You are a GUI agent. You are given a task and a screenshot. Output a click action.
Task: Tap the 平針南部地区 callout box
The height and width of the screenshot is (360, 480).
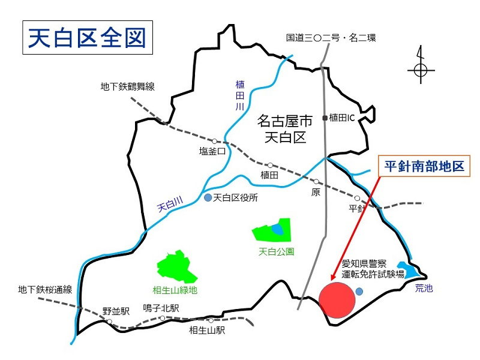click(x=424, y=167)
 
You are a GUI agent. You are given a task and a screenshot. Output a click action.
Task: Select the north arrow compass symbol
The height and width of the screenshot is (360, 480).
click(x=421, y=70)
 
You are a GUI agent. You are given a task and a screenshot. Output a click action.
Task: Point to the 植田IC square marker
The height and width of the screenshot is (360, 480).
click(x=325, y=118)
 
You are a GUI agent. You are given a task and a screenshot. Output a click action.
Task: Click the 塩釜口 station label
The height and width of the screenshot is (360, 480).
click(x=212, y=151)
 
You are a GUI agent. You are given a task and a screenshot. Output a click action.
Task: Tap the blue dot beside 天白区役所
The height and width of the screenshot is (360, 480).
click(x=208, y=197)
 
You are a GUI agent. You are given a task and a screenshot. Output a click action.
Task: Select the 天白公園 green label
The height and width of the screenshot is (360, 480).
click(x=276, y=251)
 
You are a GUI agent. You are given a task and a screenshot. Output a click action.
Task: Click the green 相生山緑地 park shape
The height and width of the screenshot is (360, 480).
click(x=178, y=267)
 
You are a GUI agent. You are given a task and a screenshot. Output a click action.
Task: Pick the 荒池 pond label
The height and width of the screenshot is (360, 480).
click(x=424, y=288)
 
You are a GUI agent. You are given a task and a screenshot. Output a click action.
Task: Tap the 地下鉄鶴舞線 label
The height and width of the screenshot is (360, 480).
click(x=127, y=87)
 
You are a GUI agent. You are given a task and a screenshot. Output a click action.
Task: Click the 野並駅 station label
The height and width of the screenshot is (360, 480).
click(x=116, y=311)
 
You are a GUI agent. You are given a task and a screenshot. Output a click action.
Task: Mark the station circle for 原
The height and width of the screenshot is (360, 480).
click(x=316, y=181)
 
